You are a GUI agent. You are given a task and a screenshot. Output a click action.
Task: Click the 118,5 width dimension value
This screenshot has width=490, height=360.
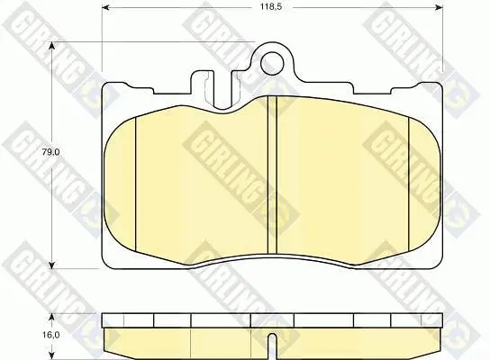[x=271, y=7]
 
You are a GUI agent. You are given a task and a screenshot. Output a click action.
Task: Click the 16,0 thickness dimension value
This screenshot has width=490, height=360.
[x=51, y=335]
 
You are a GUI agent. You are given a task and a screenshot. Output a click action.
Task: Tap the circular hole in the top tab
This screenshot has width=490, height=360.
[x=273, y=64]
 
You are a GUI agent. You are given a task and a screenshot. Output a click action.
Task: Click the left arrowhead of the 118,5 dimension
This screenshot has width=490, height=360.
[x=106, y=7]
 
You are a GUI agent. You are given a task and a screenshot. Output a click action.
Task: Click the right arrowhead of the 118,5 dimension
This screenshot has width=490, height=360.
[x=439, y=7]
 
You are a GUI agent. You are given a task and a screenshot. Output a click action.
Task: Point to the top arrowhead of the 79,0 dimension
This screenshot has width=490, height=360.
[x=52, y=46]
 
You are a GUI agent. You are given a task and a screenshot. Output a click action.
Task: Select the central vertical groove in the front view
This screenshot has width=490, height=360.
[x=273, y=175]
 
